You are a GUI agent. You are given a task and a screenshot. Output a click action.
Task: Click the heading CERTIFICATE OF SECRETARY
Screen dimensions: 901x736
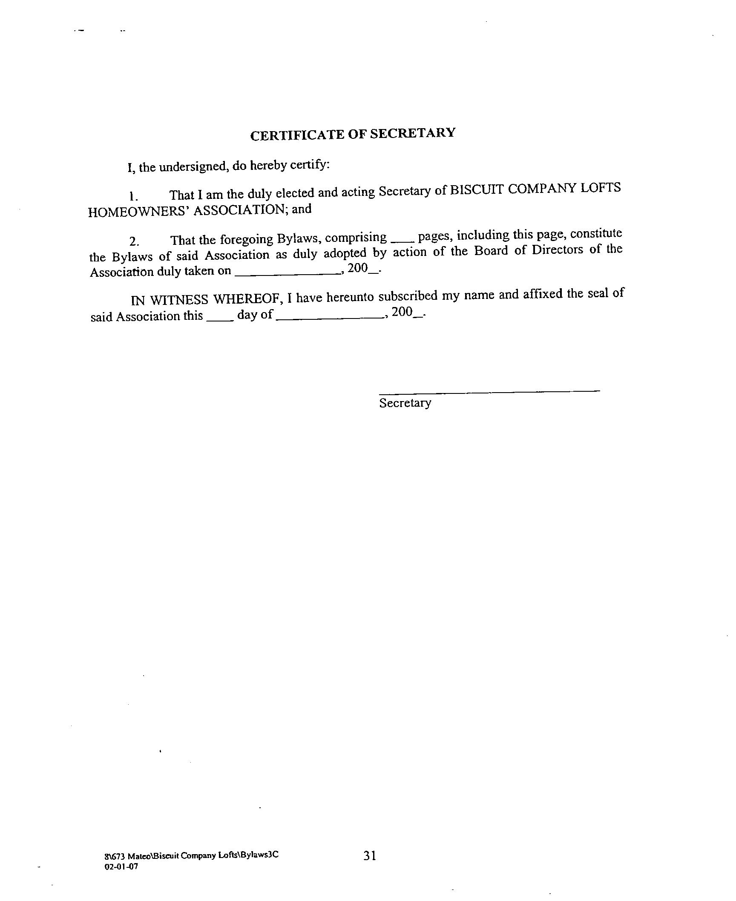point(353,134)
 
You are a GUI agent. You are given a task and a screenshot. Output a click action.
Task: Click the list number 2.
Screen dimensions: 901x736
point(134,242)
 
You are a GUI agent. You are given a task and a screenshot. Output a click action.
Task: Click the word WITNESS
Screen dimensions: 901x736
point(179,300)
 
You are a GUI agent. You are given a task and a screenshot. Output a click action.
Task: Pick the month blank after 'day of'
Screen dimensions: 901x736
point(329,317)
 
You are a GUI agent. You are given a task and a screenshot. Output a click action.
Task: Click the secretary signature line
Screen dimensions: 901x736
point(489,390)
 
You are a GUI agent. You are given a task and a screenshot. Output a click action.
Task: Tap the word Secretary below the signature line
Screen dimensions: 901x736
point(405,403)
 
